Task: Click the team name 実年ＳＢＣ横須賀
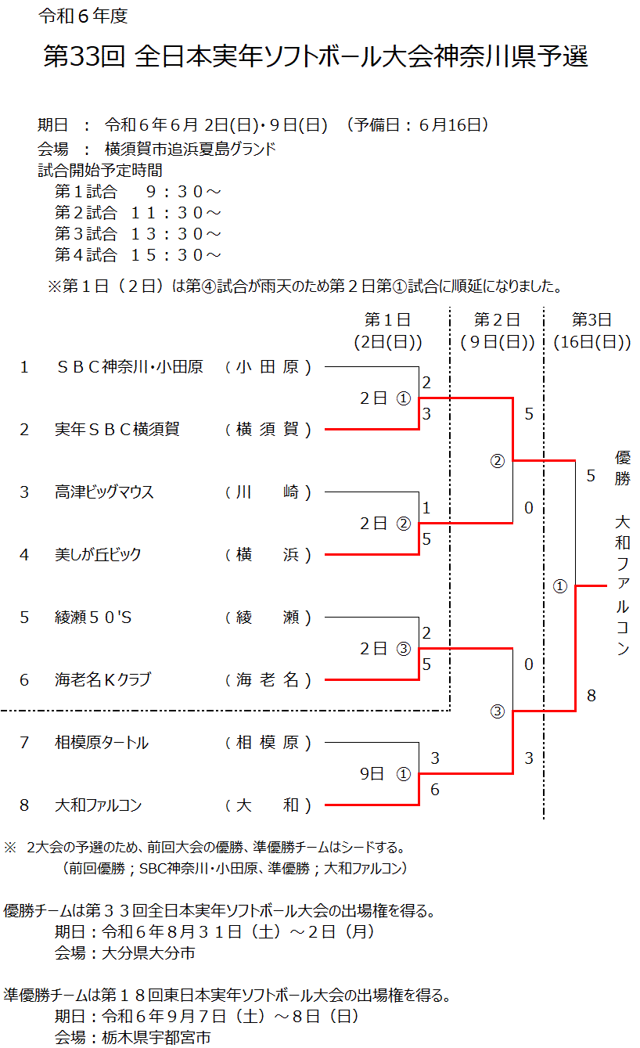click(117, 429)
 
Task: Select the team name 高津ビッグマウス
click(104, 492)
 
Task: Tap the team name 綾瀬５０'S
click(93, 617)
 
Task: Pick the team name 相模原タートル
click(102, 743)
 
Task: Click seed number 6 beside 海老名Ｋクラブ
click(24, 680)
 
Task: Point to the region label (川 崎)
click(268, 492)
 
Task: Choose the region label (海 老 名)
click(268, 680)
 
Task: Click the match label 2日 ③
click(386, 649)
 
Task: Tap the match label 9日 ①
click(386, 774)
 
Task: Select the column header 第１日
click(388, 319)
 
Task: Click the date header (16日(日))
click(591, 342)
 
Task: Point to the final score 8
click(591, 696)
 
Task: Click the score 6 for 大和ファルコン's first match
click(435, 790)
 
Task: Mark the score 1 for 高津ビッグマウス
click(426, 508)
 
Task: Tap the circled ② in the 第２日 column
click(498, 461)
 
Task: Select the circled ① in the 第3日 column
click(560, 586)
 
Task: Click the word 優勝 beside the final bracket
click(623, 468)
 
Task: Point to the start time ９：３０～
click(183, 191)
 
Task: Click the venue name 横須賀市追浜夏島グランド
click(190, 149)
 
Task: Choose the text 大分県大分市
click(149, 953)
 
